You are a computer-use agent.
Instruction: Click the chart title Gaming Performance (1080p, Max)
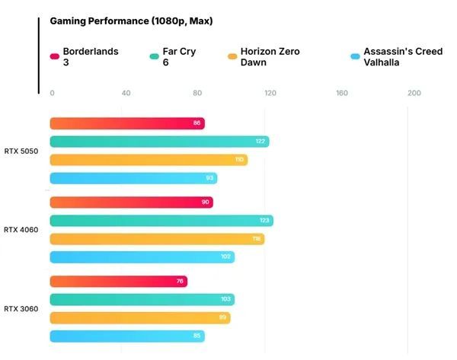(x=131, y=21)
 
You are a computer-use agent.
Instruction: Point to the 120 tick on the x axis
(x=270, y=93)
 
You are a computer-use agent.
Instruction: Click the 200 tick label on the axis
(x=414, y=93)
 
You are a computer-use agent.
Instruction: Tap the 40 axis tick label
(x=126, y=93)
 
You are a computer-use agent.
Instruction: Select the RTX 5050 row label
(x=21, y=151)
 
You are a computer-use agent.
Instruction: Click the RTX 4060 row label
(x=21, y=229)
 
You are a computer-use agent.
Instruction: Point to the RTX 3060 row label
(x=21, y=308)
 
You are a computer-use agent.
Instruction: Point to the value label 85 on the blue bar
(x=197, y=336)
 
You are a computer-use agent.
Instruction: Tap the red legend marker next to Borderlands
(x=55, y=56)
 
